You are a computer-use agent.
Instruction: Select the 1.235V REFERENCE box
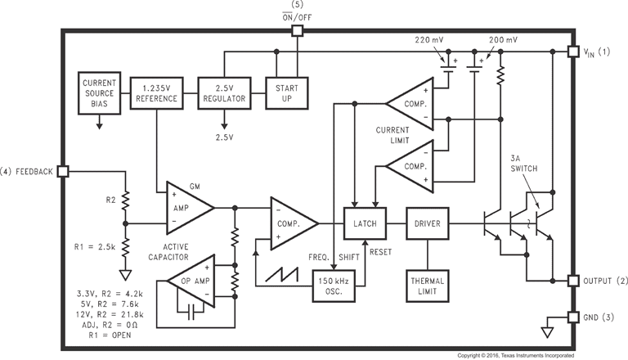pos(156,92)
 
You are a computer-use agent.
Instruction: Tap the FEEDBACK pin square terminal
pos(62,171)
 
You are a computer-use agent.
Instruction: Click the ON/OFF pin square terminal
pos(298,31)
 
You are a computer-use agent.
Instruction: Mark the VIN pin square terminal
pos(573,52)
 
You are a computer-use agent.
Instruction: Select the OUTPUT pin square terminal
pos(573,281)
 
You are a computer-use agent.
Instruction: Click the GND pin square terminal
pos(573,317)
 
